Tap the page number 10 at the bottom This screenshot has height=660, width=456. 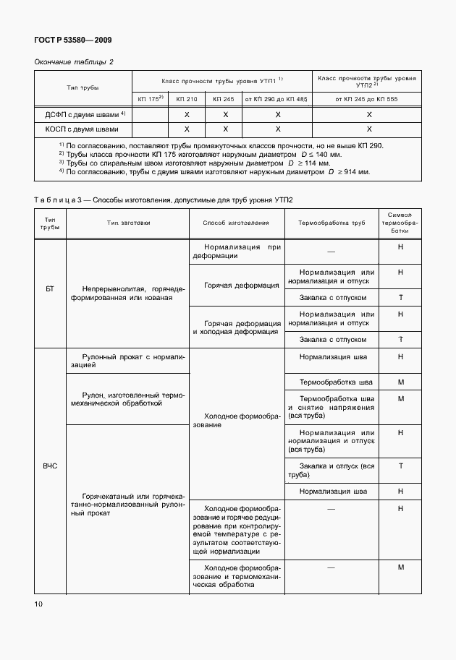click(38, 603)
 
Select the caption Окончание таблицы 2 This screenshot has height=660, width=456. click(74, 62)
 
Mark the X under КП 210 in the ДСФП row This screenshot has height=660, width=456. click(186, 114)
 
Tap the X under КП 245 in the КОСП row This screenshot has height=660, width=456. click(225, 129)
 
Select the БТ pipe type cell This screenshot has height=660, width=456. click(50, 288)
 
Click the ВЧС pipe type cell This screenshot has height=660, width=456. click(50, 466)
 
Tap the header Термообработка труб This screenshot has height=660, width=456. click(332, 223)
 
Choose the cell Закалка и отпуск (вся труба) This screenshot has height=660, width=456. click(332, 470)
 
